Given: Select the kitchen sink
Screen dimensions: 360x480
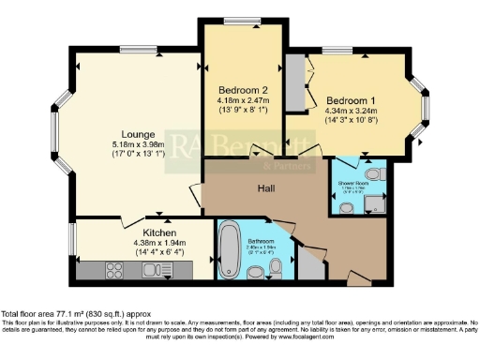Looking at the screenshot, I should click(152, 271).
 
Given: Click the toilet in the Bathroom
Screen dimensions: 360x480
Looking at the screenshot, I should click(274, 271).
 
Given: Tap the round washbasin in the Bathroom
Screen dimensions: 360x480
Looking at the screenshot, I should click(256, 273).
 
